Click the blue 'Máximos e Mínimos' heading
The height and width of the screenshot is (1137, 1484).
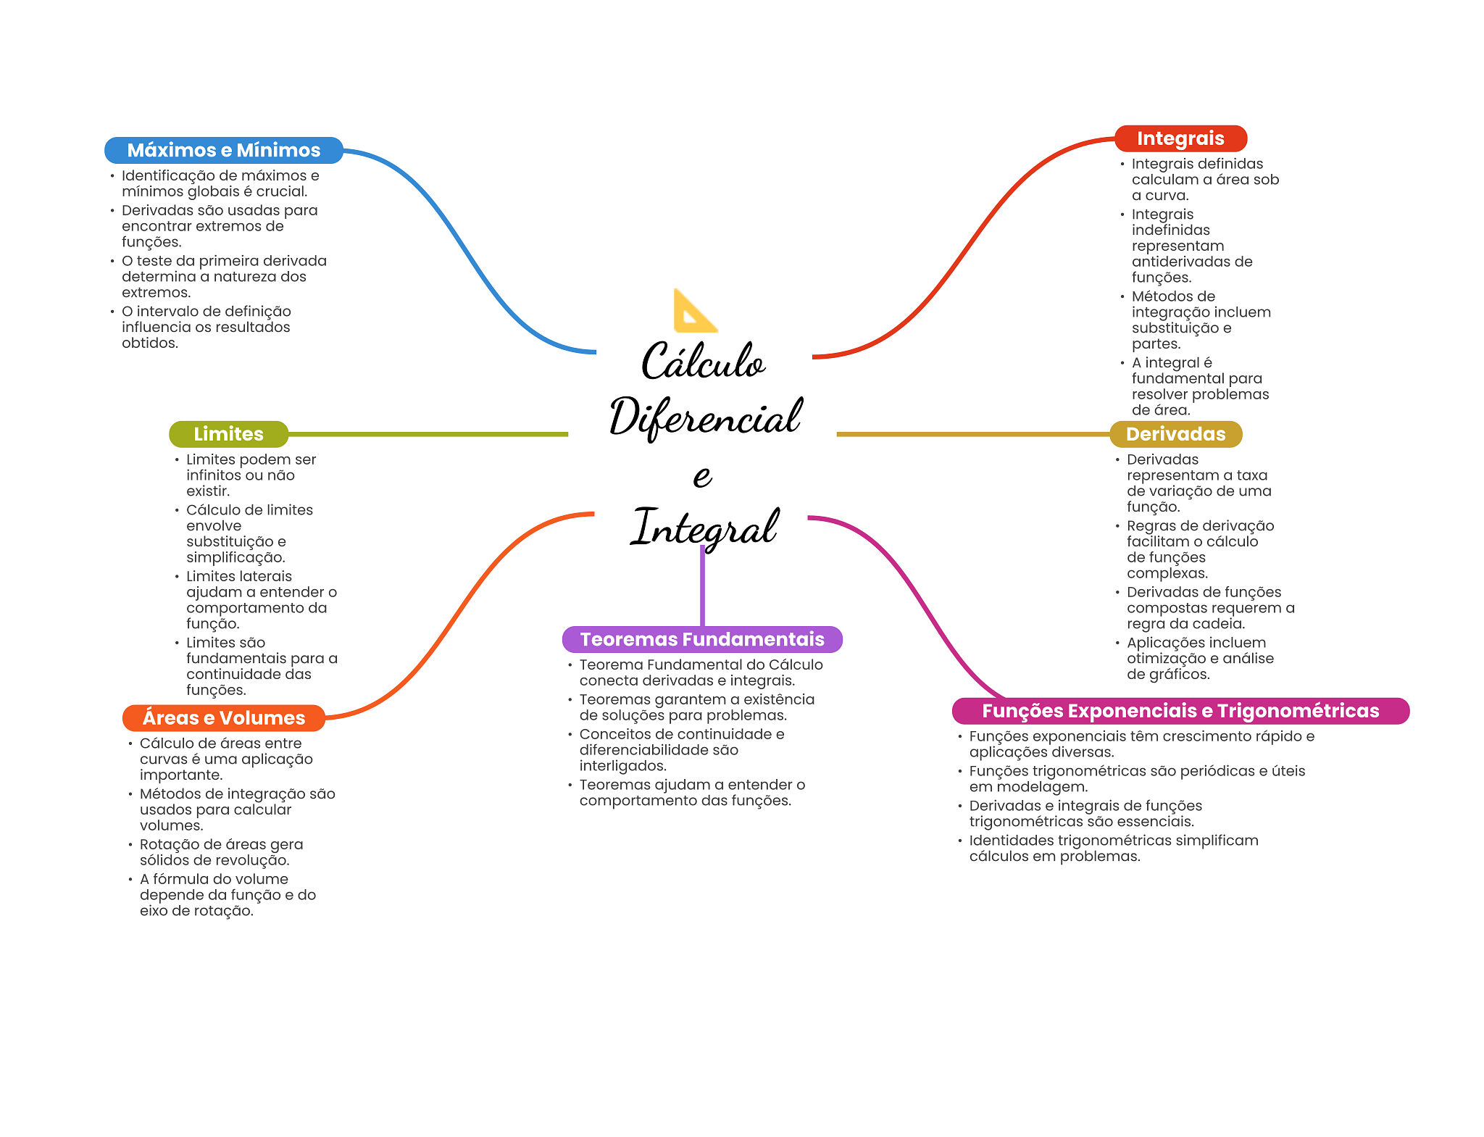point(223,150)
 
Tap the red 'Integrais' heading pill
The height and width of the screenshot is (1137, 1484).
point(1180,138)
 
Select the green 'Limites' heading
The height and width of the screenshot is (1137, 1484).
point(228,434)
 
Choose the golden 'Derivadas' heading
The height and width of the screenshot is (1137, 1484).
point(1175,434)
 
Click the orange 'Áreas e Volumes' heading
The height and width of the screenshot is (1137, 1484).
point(223,717)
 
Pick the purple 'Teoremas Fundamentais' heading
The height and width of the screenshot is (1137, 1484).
point(701,639)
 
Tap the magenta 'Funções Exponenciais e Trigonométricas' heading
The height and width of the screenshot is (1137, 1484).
point(1180,711)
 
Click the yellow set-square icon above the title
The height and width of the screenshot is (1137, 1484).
point(693,312)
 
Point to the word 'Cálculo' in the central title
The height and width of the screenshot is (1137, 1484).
point(703,361)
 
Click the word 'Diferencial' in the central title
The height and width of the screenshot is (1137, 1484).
point(705,417)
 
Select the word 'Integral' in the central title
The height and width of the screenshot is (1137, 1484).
point(705,528)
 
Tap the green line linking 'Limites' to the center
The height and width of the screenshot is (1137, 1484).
point(428,434)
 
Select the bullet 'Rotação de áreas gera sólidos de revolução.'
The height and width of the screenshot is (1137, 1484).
point(221,852)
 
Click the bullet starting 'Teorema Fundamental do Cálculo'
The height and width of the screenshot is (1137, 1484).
point(701,672)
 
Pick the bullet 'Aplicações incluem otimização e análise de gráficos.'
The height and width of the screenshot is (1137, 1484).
point(1200,658)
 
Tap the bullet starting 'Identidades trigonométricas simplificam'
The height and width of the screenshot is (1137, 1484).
point(1113,848)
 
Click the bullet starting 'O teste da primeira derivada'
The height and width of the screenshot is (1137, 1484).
point(223,276)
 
